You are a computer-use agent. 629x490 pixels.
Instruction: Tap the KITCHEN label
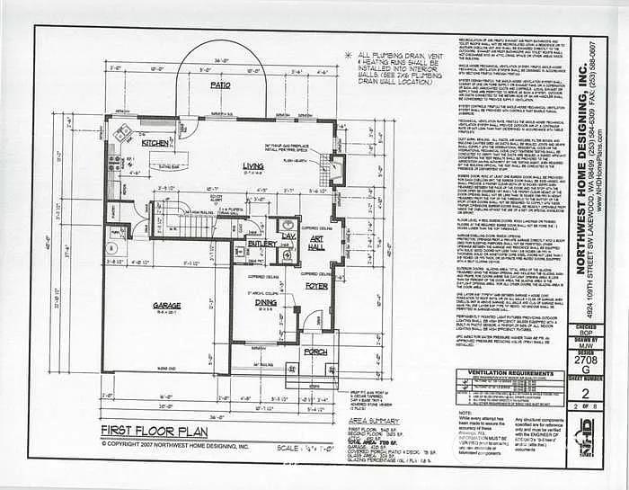coord(155,143)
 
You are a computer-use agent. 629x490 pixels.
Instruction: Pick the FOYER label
coord(316,286)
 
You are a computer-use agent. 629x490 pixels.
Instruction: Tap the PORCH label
coord(316,352)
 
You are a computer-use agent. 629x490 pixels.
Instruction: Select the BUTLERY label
coord(263,243)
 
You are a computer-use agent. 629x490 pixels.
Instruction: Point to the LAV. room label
coord(288,236)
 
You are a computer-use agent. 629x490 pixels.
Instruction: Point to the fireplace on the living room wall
coord(336,168)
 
